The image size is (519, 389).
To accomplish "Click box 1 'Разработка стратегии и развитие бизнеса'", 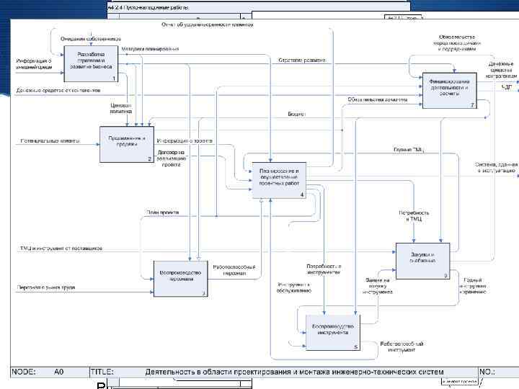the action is tap(90, 63).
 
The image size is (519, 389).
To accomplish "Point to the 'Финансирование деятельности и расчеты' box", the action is tap(451, 89).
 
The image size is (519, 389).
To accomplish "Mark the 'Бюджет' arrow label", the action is tap(297, 114).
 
